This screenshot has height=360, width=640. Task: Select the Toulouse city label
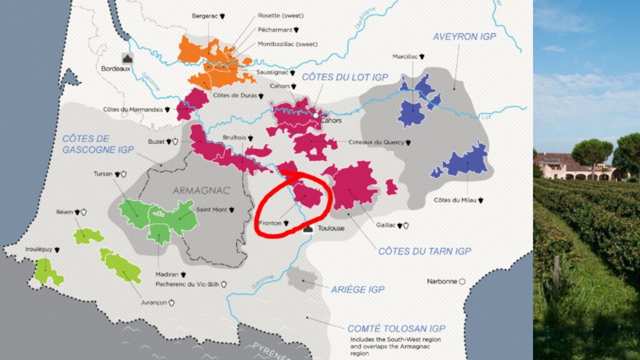pos(331,228)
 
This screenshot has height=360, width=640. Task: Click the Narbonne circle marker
pos(462,281)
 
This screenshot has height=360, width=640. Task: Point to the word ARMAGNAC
pos(202,190)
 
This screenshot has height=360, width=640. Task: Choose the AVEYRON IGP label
pos(464,37)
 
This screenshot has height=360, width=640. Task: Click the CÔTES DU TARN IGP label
pos(424,251)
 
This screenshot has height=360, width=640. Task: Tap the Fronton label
pos(270,222)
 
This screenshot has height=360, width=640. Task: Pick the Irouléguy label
pos(39,249)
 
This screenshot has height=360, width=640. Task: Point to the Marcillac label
pos(406,56)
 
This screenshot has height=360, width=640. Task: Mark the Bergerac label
pos(205,16)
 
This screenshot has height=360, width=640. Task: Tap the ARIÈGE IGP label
pos(359,289)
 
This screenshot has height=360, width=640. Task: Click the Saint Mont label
pos(212,210)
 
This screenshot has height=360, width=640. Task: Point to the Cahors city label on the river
pos(331,121)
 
